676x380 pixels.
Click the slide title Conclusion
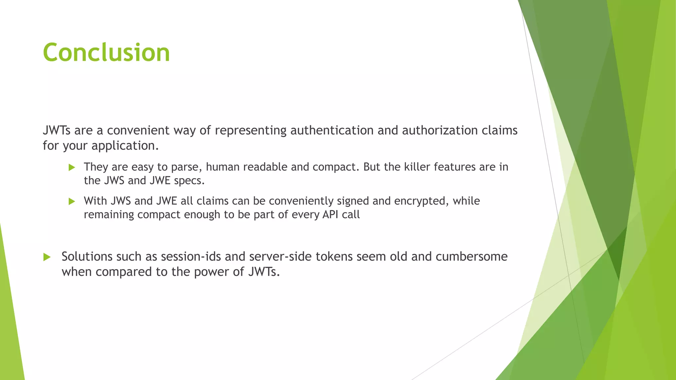(x=106, y=52)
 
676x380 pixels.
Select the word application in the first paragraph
(x=125, y=146)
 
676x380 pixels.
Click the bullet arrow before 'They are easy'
(x=72, y=168)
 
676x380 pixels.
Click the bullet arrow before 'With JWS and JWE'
(x=72, y=202)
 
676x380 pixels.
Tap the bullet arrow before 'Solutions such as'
(x=47, y=257)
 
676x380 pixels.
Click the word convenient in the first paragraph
(x=139, y=130)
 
